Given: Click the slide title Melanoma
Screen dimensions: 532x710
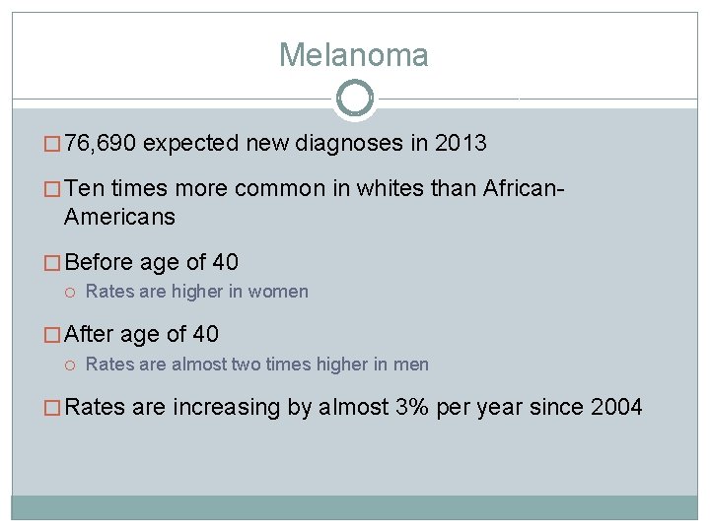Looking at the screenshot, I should pos(354,55).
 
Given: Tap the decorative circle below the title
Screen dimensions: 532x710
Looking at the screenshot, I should pos(354,99).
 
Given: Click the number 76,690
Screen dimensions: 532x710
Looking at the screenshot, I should pos(102,144).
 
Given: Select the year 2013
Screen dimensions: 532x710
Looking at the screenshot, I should pos(461,144).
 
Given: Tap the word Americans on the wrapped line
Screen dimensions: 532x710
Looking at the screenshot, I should pos(119,217).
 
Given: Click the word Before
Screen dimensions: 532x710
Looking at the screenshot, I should pos(103,263).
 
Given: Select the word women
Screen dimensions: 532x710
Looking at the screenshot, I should pos(279,292).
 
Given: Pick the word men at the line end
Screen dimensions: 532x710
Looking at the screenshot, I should pos(412,365).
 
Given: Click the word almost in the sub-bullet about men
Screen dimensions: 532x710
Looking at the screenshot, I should pos(198,365).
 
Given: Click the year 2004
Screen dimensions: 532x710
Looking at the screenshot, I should pos(616,408).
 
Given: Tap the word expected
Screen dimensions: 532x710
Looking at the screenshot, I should pos(190,144).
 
